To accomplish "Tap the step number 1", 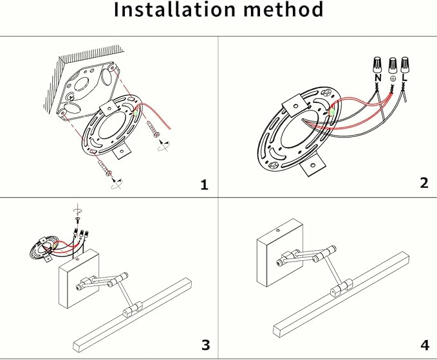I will point(205,185).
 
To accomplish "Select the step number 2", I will point(423,183).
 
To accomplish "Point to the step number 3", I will point(205,345).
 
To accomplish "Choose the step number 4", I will point(423,345).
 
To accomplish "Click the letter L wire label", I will point(404,78).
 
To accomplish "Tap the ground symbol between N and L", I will point(392,79).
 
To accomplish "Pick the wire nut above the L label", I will point(404,64).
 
